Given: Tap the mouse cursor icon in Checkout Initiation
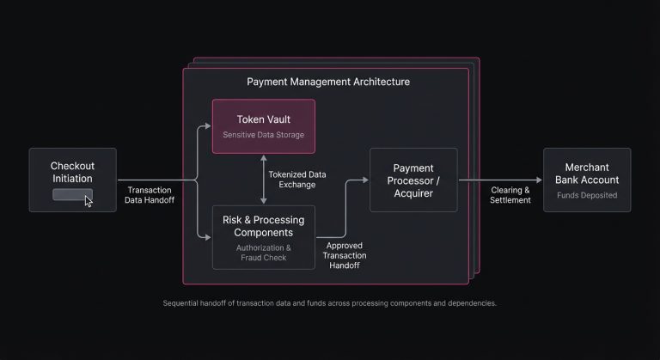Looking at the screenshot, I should pos(89,200).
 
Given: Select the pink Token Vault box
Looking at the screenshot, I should pos(264,126).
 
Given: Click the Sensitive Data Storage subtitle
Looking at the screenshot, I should pos(264,136).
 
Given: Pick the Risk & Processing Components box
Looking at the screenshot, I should pos(264,237).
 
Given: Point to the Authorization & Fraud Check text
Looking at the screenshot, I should pos(264,253).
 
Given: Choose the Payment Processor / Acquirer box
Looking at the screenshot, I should pos(413,180).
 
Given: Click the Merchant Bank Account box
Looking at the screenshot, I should pos(587,180).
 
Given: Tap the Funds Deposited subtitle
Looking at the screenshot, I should pos(587,195).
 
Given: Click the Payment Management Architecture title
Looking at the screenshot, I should pos(327,82).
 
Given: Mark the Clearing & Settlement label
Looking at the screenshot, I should pos(510,195).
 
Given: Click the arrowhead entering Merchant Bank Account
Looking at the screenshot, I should pos(539,180).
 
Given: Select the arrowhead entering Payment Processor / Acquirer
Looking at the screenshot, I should pos(365,180).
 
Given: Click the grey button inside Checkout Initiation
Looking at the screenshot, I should pos(70,195).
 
